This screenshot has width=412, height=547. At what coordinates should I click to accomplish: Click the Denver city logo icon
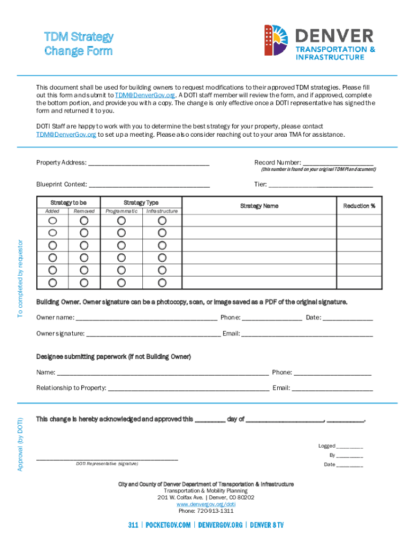tap(276, 41)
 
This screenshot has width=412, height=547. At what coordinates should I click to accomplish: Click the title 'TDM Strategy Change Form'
tap(79, 44)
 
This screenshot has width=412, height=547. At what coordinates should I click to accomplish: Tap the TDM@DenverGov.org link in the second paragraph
tap(66, 135)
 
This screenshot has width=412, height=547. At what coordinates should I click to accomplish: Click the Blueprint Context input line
tap(149, 185)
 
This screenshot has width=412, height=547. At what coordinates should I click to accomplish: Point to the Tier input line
tap(320, 185)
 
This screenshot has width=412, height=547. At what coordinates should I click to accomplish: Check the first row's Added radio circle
tap(52, 220)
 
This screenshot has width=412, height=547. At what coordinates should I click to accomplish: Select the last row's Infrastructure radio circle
tap(162, 283)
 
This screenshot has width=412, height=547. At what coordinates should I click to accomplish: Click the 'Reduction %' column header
tap(359, 206)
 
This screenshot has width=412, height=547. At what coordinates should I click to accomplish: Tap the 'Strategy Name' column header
tap(259, 206)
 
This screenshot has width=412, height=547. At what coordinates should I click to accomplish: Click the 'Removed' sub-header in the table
tap(84, 212)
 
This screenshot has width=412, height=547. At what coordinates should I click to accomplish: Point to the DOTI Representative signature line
tap(107, 458)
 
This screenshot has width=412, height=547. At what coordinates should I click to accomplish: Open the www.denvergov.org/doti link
tap(206, 504)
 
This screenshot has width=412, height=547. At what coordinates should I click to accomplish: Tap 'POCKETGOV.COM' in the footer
tap(168, 526)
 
